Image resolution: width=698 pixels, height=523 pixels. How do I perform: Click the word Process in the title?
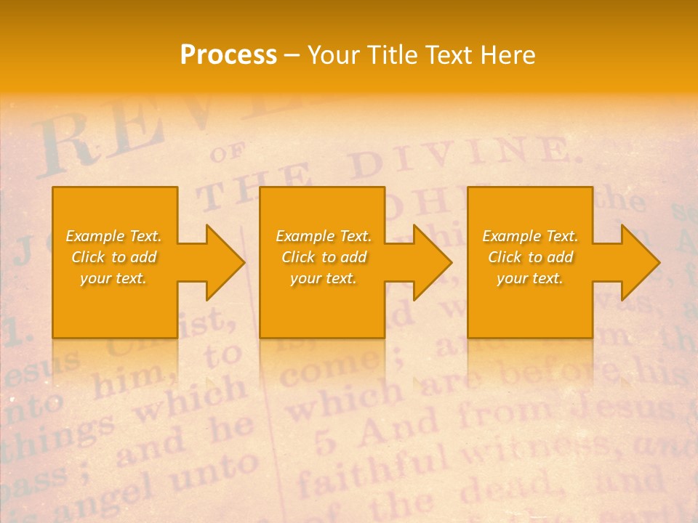228,55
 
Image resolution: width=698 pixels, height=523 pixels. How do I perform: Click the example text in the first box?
113,257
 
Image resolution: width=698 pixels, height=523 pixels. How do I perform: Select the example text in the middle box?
323,257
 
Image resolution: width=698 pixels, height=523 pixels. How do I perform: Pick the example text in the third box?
530,257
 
